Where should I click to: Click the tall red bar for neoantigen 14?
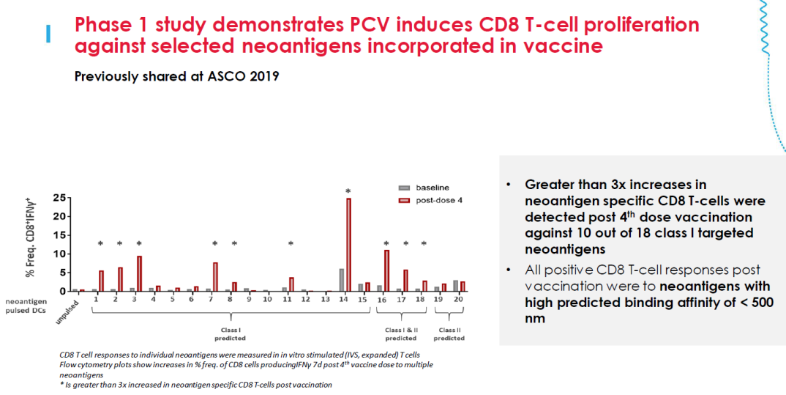click(x=349, y=245)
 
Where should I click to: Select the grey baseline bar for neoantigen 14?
click(x=342, y=280)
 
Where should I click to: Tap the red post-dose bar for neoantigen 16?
click(x=386, y=270)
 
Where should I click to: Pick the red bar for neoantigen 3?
click(x=139, y=273)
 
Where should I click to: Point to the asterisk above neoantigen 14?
click(x=348, y=191)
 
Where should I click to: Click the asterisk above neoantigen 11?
click(x=291, y=244)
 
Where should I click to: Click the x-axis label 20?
click(x=458, y=300)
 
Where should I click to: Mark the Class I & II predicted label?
click(x=400, y=334)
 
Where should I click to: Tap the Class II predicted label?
click(x=449, y=334)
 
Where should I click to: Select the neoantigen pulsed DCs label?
click(x=26, y=306)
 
